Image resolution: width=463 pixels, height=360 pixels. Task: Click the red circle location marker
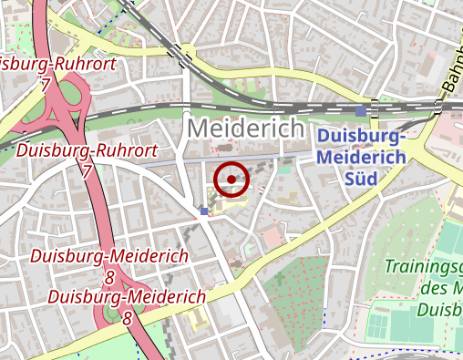(231, 180)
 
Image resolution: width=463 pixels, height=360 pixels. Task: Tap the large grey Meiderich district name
(245, 129)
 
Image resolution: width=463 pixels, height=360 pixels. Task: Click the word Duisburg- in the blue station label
(361, 137)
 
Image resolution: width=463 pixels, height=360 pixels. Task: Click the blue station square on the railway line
(361, 110)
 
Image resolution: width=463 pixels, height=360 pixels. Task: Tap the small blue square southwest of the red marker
(203, 211)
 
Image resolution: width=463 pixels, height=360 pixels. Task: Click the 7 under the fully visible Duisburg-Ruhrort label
(87, 170)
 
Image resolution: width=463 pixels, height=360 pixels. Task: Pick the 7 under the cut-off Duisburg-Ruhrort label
(44, 84)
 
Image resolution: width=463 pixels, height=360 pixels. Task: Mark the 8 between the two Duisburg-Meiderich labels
(109, 276)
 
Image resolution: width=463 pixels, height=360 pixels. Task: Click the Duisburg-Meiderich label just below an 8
(127, 297)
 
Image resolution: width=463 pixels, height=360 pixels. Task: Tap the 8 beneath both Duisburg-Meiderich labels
(127, 318)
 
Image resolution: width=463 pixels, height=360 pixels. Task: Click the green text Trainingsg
(423, 268)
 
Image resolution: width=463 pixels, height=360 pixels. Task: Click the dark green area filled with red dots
(296, 292)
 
